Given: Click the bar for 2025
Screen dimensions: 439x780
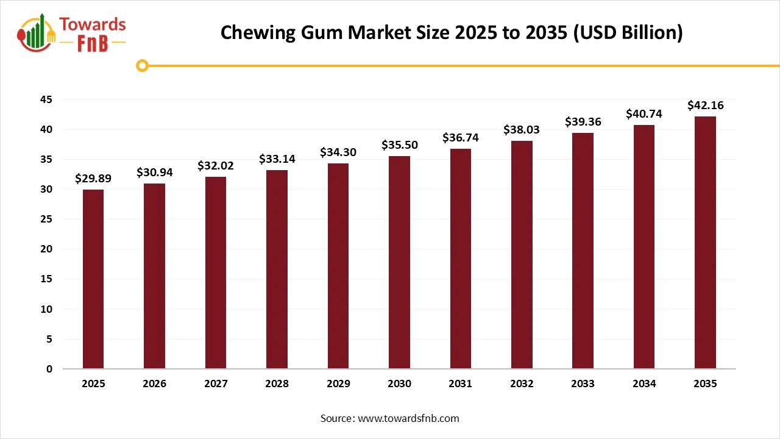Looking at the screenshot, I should tap(93, 279).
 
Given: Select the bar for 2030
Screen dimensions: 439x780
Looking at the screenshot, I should tap(399, 262).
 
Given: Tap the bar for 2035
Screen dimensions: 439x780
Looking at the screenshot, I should tap(705, 243).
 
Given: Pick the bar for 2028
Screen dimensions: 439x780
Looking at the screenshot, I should tap(277, 269).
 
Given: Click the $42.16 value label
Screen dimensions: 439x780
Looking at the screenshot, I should tap(705, 105).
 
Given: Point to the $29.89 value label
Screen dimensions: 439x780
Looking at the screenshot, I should tap(93, 178).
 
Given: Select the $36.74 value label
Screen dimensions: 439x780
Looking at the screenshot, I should tap(461, 138).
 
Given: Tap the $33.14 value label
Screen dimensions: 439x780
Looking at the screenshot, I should tap(277, 159).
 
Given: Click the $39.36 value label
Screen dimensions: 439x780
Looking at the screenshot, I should tap(583, 122).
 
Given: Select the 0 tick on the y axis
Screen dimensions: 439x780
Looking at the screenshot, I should tap(49, 369).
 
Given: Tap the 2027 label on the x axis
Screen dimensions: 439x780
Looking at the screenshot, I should tap(216, 384).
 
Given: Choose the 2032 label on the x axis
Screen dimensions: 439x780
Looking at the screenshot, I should tap(522, 384).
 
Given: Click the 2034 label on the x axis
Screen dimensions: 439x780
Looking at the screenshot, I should tap(644, 384).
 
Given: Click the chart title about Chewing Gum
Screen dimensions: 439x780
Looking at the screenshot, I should tap(452, 32).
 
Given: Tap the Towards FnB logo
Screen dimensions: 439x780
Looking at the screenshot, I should tap(72, 33).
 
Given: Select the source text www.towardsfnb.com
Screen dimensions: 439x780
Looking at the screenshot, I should tap(390, 418).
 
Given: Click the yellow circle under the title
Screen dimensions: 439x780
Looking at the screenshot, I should tap(142, 65).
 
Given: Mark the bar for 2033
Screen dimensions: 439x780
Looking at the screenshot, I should tap(583, 251).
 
